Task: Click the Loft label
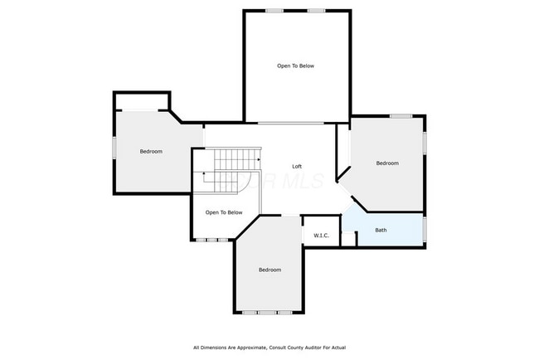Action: (x=297, y=167)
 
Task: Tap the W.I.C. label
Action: (x=322, y=236)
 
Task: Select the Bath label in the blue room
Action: (x=381, y=230)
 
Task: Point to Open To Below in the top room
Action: (x=295, y=66)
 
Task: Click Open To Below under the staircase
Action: (x=224, y=212)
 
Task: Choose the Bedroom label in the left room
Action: (x=151, y=151)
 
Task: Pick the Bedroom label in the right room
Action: (x=387, y=163)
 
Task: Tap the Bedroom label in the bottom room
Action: (x=269, y=270)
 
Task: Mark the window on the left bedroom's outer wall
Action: (x=114, y=147)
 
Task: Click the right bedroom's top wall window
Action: (x=401, y=116)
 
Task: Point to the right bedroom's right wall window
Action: (x=425, y=143)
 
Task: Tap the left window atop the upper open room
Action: (x=274, y=10)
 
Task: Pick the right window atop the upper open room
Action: (x=317, y=10)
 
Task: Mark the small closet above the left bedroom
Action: (x=142, y=101)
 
